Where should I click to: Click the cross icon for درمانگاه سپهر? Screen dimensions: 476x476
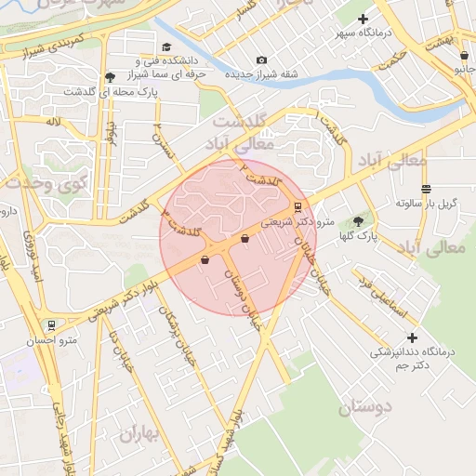tap(364, 19)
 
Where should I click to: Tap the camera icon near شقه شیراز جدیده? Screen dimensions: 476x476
tap(261, 60)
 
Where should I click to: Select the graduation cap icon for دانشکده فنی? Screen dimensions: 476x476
tap(166, 47)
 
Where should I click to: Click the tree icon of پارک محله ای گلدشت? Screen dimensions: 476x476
tap(111, 77)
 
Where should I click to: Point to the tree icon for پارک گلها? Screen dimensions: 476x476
tap(359, 221)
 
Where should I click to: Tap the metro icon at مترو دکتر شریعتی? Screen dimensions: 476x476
tap(297, 207)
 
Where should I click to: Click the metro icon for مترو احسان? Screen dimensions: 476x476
tap(51, 326)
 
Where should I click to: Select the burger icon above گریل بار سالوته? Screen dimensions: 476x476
tap(426, 189)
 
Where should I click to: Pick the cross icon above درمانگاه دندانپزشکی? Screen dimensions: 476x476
tap(413, 337)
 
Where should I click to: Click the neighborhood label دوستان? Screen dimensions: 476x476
tap(364, 406)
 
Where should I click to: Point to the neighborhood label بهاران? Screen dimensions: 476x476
tap(140, 433)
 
